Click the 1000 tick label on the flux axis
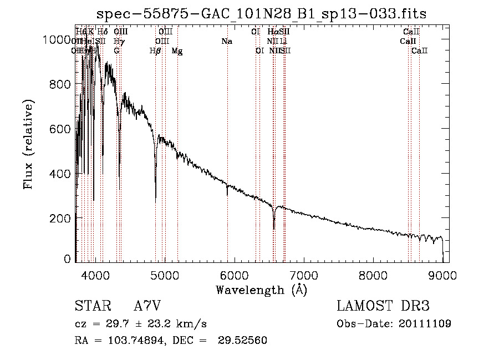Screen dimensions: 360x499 (56, 40)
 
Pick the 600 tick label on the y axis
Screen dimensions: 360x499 (60, 129)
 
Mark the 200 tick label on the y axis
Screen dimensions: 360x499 (60, 218)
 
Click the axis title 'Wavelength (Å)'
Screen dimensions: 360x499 (261, 290)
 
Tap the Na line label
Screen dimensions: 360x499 (226, 41)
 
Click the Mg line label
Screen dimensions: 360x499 (176, 51)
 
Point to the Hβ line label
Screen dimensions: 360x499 (155, 51)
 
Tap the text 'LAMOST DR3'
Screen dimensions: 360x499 (383, 306)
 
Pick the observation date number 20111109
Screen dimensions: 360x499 (424, 324)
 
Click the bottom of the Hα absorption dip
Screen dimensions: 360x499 (274, 228)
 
